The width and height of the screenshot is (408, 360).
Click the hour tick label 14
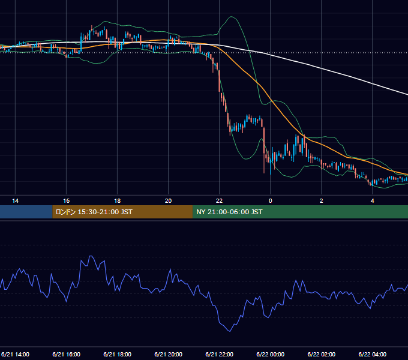click(16, 201)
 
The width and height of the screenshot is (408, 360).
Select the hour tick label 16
click(67, 201)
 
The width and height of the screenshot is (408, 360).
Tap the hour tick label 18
click(118, 201)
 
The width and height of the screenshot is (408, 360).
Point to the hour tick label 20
click(169, 201)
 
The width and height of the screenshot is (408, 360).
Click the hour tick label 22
click(220, 201)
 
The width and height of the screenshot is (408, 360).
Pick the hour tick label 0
click(271, 201)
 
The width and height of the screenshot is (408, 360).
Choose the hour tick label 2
click(322, 201)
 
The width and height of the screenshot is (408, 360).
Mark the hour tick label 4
click(373, 201)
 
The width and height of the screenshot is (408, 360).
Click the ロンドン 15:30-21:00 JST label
click(94, 212)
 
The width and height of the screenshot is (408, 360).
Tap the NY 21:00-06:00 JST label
click(229, 212)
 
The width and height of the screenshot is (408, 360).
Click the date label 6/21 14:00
click(16, 355)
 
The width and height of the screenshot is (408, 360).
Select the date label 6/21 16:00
click(67, 355)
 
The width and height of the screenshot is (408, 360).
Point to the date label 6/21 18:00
click(118, 355)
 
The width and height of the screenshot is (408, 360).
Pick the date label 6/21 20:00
click(169, 355)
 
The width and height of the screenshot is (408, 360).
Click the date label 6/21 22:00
click(220, 355)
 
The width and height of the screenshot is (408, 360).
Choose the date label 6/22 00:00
click(271, 355)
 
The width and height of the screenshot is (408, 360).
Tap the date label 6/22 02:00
click(322, 355)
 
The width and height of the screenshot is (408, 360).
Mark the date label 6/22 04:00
click(373, 355)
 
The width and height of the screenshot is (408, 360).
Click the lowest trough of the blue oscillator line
click(230, 331)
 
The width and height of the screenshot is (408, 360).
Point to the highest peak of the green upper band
click(232, 17)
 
